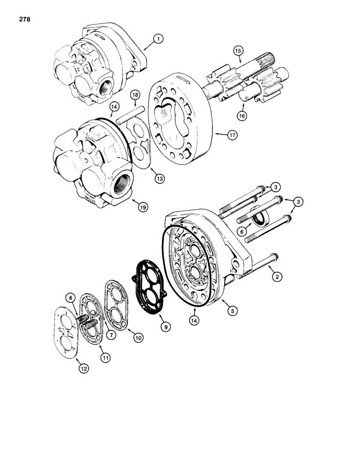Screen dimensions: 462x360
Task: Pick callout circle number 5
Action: (x=233, y=311)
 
